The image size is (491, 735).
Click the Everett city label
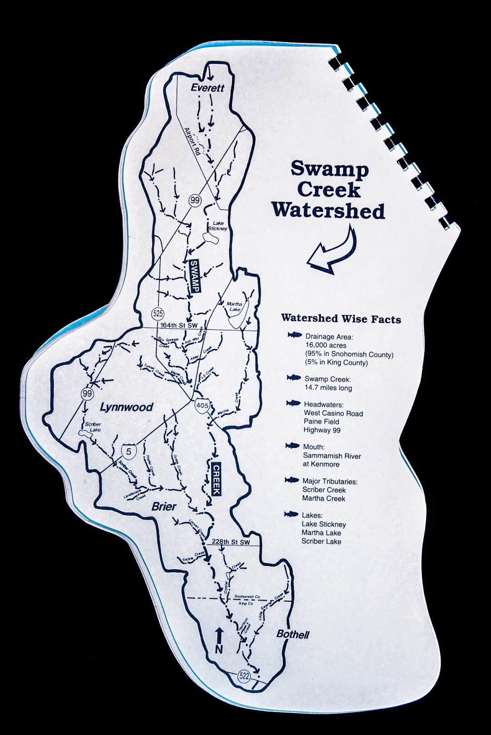pyautogui.click(x=208, y=87)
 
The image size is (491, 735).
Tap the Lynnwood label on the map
pyautogui.click(x=126, y=407)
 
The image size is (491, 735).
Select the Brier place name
pyautogui.click(x=164, y=507)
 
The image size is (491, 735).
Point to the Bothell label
pyautogui.click(x=293, y=634)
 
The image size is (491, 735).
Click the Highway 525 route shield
pyautogui.click(x=158, y=314)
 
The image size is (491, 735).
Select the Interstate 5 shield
pyautogui.click(x=129, y=452)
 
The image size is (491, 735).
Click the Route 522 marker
pyautogui.click(x=244, y=676)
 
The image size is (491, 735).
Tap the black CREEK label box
pyautogui.click(x=216, y=479)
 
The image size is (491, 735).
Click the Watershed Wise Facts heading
pyautogui.click(x=341, y=318)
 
